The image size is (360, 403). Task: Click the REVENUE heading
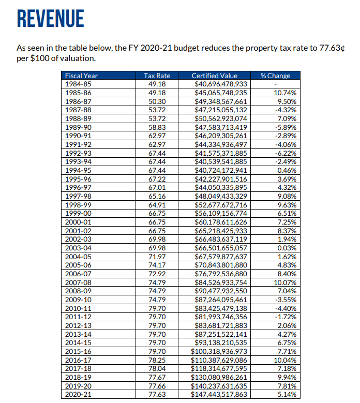(50, 19)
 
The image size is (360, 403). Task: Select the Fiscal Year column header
(81, 76)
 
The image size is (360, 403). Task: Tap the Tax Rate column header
(156, 76)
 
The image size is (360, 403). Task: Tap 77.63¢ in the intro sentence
(331, 48)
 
